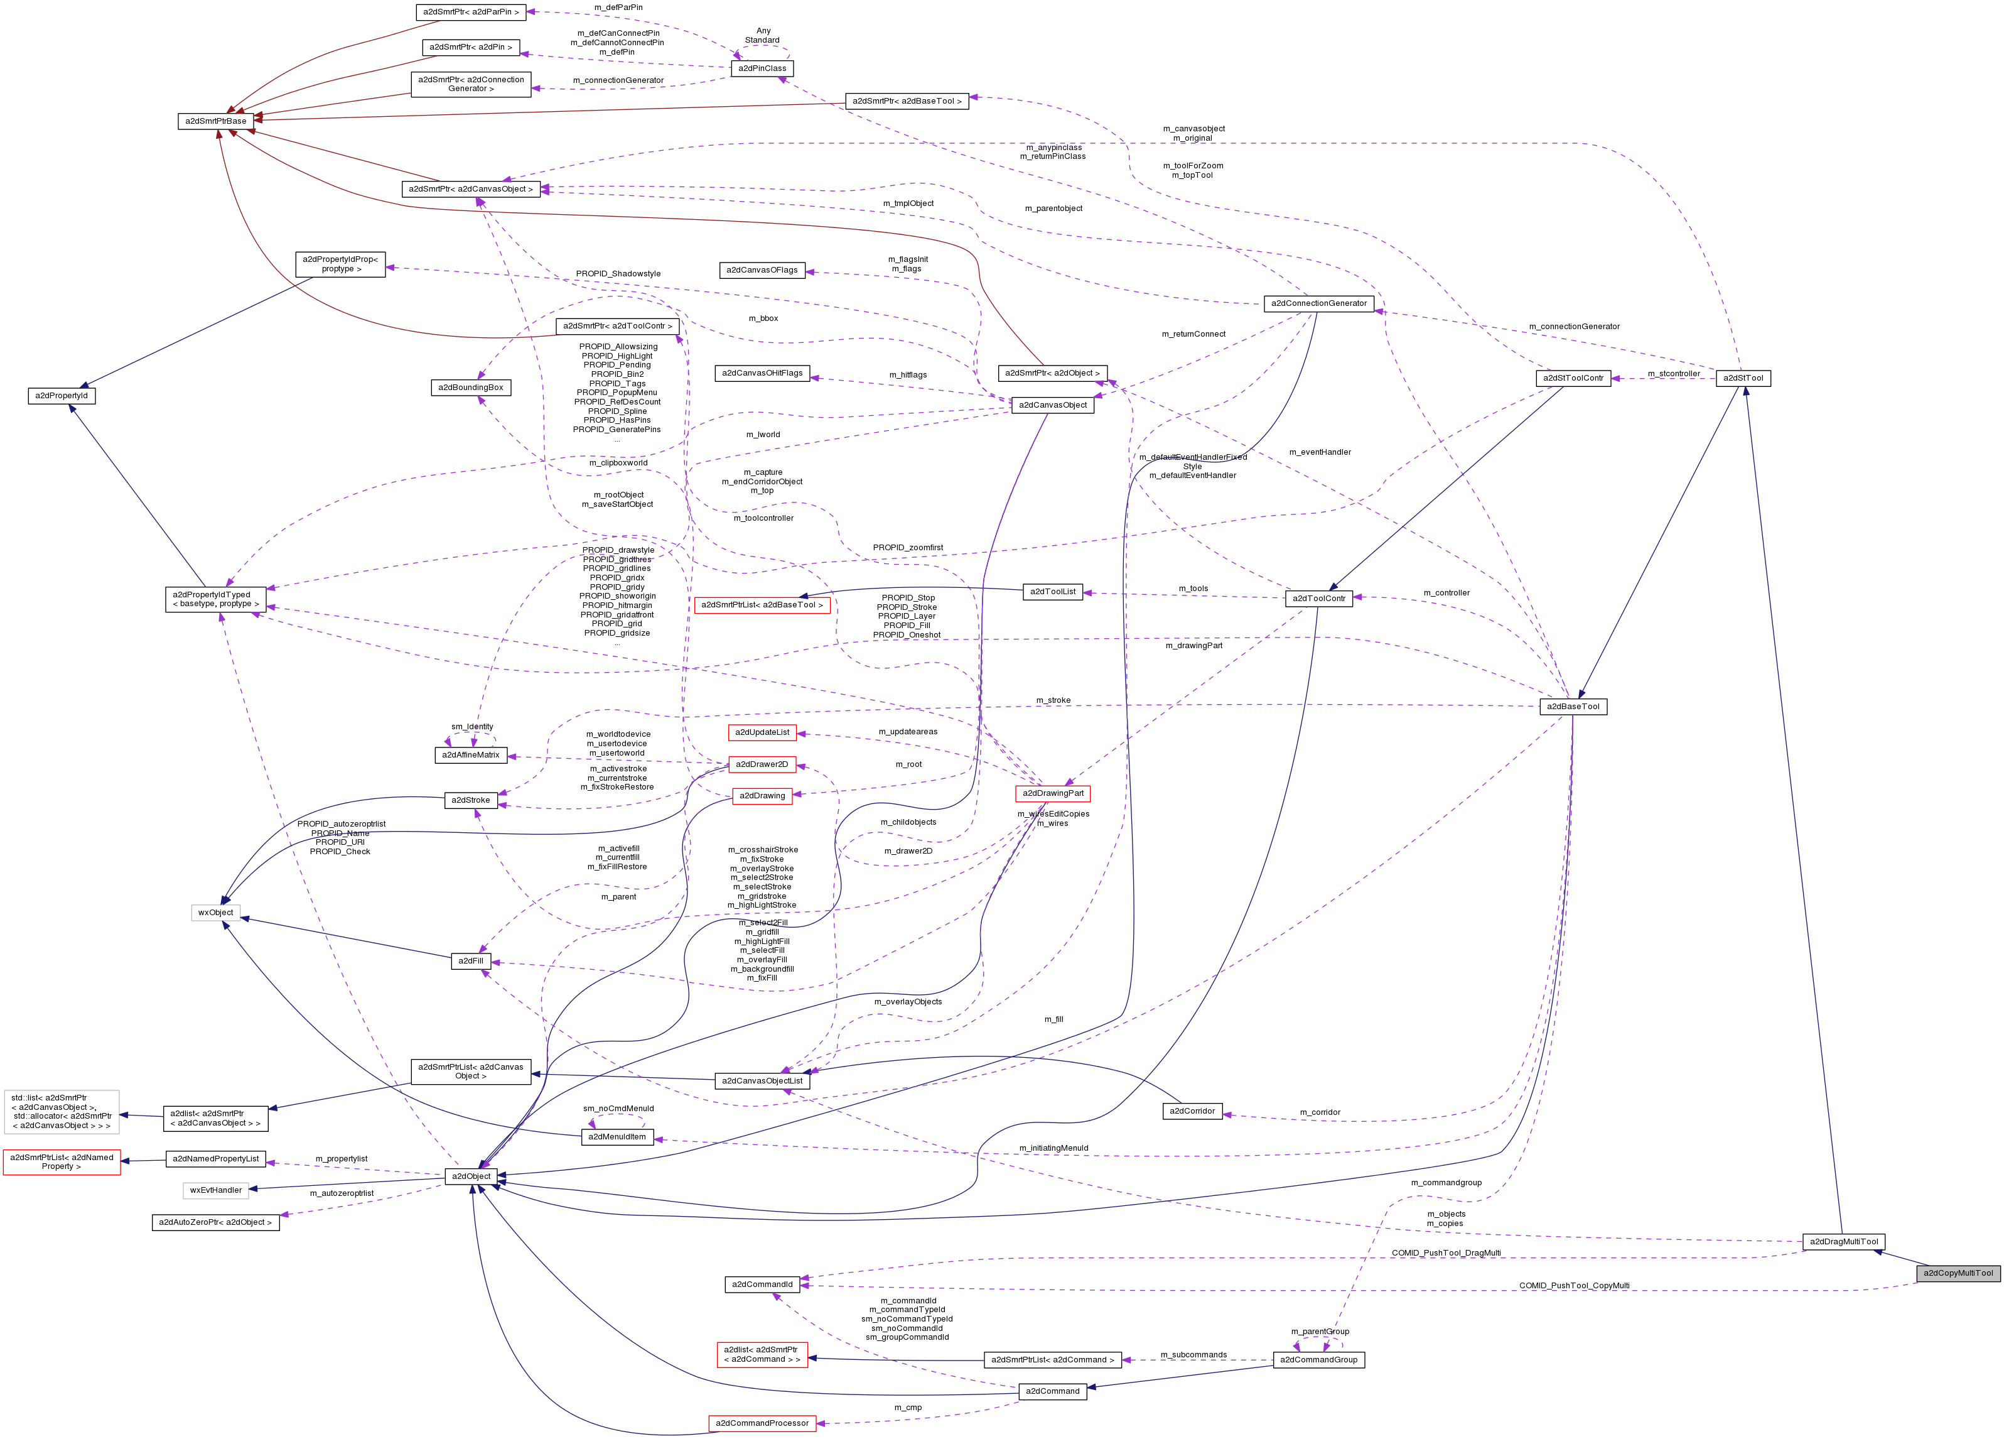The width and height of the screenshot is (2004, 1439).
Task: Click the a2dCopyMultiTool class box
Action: point(1957,1273)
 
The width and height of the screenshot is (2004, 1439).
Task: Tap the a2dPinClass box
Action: point(762,68)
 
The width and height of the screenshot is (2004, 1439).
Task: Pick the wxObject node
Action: point(215,912)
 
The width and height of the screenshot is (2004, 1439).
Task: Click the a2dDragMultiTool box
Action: point(1843,1241)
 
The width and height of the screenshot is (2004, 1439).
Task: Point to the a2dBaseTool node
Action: point(1573,706)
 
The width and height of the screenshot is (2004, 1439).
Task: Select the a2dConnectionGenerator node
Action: point(1318,303)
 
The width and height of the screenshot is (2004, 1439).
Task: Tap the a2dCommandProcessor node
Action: point(762,1423)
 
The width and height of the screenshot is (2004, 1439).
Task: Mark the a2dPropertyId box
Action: point(62,396)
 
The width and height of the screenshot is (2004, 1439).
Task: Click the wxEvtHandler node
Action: point(215,1190)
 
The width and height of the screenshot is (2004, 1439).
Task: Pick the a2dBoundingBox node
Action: point(471,387)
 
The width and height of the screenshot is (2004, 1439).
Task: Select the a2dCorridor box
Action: point(1192,1111)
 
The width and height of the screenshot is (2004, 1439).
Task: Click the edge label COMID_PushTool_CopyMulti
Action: point(1574,1285)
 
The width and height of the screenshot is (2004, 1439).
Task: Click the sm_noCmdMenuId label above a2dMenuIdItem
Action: point(618,1109)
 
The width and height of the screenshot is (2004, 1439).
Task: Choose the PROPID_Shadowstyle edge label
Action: point(618,274)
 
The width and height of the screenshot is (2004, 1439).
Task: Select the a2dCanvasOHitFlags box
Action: point(762,373)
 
